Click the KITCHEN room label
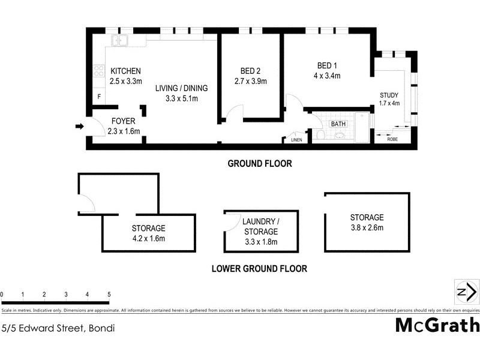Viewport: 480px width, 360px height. pos(125,71)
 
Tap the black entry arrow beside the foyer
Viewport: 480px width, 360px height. pos(79,126)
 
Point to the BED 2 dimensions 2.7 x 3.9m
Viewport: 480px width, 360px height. pos(250,81)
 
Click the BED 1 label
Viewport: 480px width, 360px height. pos(327,65)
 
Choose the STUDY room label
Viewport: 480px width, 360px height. pos(389,95)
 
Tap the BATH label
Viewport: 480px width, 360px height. pos(338,124)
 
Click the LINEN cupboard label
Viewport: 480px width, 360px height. pos(296,140)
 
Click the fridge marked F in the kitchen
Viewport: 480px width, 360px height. pos(98,97)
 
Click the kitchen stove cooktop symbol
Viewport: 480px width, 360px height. pos(98,71)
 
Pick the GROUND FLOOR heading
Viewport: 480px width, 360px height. pos(259,164)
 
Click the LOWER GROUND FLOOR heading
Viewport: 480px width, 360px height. pos(259,269)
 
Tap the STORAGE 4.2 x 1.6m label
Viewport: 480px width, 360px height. pos(148,233)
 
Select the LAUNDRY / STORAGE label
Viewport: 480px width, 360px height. pos(260,226)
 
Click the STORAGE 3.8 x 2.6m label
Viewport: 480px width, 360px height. pos(367,222)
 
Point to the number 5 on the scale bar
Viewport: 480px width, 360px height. pos(109,295)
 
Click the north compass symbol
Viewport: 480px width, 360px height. pos(466,292)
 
